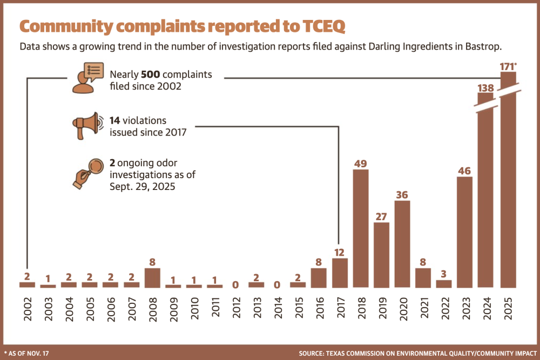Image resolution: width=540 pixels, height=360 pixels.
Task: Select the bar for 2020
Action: coord(402,244)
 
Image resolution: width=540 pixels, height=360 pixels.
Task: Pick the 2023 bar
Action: coord(464,232)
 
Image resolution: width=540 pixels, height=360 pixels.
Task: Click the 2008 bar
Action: coord(153,278)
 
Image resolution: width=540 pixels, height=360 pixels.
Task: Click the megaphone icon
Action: coord(87,126)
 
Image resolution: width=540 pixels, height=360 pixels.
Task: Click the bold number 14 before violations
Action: coord(114,120)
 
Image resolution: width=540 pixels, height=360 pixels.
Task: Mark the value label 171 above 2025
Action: coord(507,66)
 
